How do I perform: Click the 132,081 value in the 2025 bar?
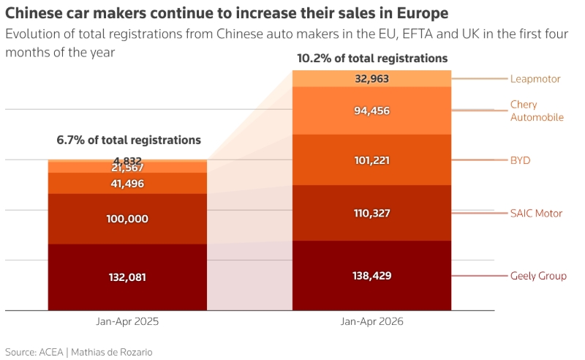[x=127, y=277]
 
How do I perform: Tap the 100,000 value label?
[x=127, y=219]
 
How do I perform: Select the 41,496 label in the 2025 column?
[x=127, y=184]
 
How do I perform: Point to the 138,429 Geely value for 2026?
[x=372, y=276]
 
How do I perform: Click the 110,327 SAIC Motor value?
[x=372, y=213]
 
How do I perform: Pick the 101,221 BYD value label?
[x=372, y=160]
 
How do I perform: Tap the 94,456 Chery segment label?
[x=372, y=110]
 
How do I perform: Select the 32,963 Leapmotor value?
[x=372, y=78]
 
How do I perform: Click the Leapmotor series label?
[x=535, y=79]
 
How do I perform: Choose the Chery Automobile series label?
[x=537, y=110]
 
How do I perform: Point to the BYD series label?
[x=520, y=160]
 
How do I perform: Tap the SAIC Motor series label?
[x=536, y=213]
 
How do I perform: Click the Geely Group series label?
[x=538, y=276]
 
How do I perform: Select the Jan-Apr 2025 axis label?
[x=127, y=321]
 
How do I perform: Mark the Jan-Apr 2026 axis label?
[x=372, y=321]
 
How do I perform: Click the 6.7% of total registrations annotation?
[x=129, y=140]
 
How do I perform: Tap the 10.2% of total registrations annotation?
[x=372, y=59]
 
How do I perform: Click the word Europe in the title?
[x=423, y=14]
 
